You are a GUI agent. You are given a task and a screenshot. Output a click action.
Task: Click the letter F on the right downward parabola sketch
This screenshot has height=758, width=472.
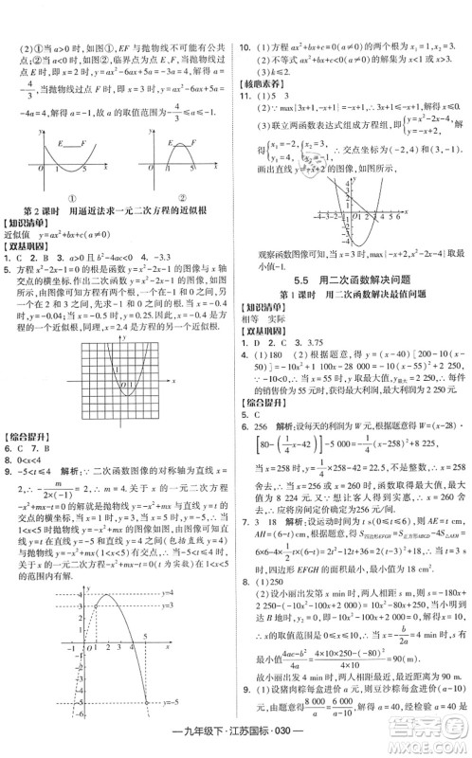tap(191, 144)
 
